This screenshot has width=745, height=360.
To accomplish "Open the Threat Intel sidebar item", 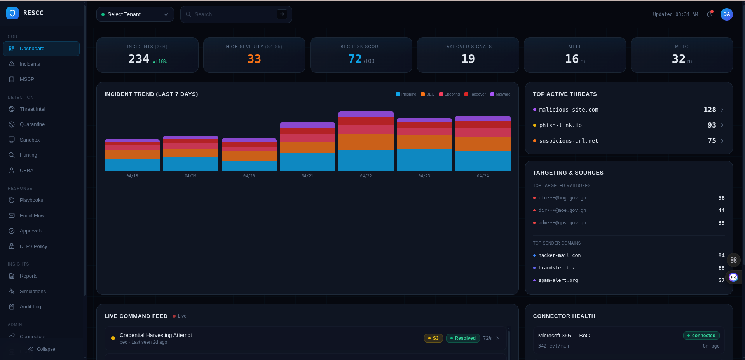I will (x=32, y=109).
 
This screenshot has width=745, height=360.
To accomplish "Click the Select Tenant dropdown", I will (x=135, y=14).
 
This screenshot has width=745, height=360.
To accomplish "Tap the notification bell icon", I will (x=709, y=14).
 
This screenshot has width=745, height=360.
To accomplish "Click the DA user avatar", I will (x=726, y=14).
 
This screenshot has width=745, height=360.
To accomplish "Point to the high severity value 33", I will (x=254, y=59).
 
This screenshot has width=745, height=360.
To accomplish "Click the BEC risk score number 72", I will (x=355, y=59).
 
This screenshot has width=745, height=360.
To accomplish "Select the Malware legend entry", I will (x=501, y=94).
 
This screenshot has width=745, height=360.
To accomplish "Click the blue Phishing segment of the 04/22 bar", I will (x=366, y=161).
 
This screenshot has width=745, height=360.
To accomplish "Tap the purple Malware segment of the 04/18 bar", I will (x=132, y=140).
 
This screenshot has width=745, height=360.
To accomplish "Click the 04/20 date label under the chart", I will (x=249, y=176).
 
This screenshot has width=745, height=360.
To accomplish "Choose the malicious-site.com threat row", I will (x=569, y=110).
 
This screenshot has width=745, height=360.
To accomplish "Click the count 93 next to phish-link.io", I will (x=712, y=125).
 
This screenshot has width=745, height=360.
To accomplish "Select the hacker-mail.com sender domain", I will (x=559, y=255).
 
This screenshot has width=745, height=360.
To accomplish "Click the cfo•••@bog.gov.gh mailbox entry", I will (x=562, y=198).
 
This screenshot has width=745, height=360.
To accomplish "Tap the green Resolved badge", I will (x=463, y=338).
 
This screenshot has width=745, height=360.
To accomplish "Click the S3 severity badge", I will (x=433, y=338).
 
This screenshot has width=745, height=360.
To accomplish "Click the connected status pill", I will (x=701, y=336).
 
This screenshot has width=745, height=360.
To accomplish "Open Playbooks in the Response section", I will (x=31, y=200).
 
